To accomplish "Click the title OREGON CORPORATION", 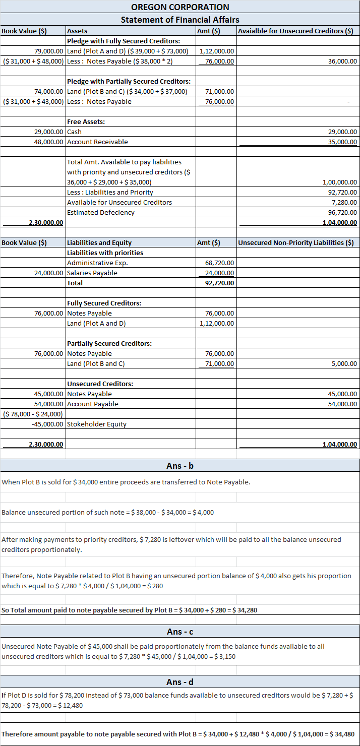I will (180, 7).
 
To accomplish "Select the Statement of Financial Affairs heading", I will (180, 20).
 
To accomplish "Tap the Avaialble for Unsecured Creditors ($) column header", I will (295, 31).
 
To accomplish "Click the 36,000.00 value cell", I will (342, 61).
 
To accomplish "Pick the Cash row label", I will (74, 132).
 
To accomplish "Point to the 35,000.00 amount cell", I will (342, 142).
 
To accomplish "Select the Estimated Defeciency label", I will (101, 212).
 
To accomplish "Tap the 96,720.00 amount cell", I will (342, 212).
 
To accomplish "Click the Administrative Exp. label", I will (97, 263).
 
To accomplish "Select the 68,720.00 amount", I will (219, 263).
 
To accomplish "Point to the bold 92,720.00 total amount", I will (219, 283).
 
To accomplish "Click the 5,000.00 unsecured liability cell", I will (345, 363).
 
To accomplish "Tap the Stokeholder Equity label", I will (97, 424).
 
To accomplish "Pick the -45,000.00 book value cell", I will (47, 424).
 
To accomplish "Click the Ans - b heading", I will (180, 465).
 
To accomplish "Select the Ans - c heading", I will (180, 632).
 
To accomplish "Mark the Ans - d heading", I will (180, 682).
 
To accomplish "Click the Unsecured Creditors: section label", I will (100, 384).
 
